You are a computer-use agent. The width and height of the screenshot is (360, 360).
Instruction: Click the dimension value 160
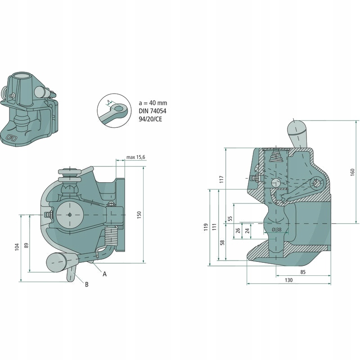352,172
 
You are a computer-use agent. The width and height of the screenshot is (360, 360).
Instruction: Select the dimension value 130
288,280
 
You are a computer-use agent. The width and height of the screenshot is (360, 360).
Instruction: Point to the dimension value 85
302,271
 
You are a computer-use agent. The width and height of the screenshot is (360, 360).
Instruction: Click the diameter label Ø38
277,230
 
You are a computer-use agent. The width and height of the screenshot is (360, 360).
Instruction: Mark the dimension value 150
139,215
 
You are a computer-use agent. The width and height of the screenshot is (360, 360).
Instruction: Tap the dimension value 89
26,245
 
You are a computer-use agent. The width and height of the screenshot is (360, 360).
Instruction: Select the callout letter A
104,274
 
